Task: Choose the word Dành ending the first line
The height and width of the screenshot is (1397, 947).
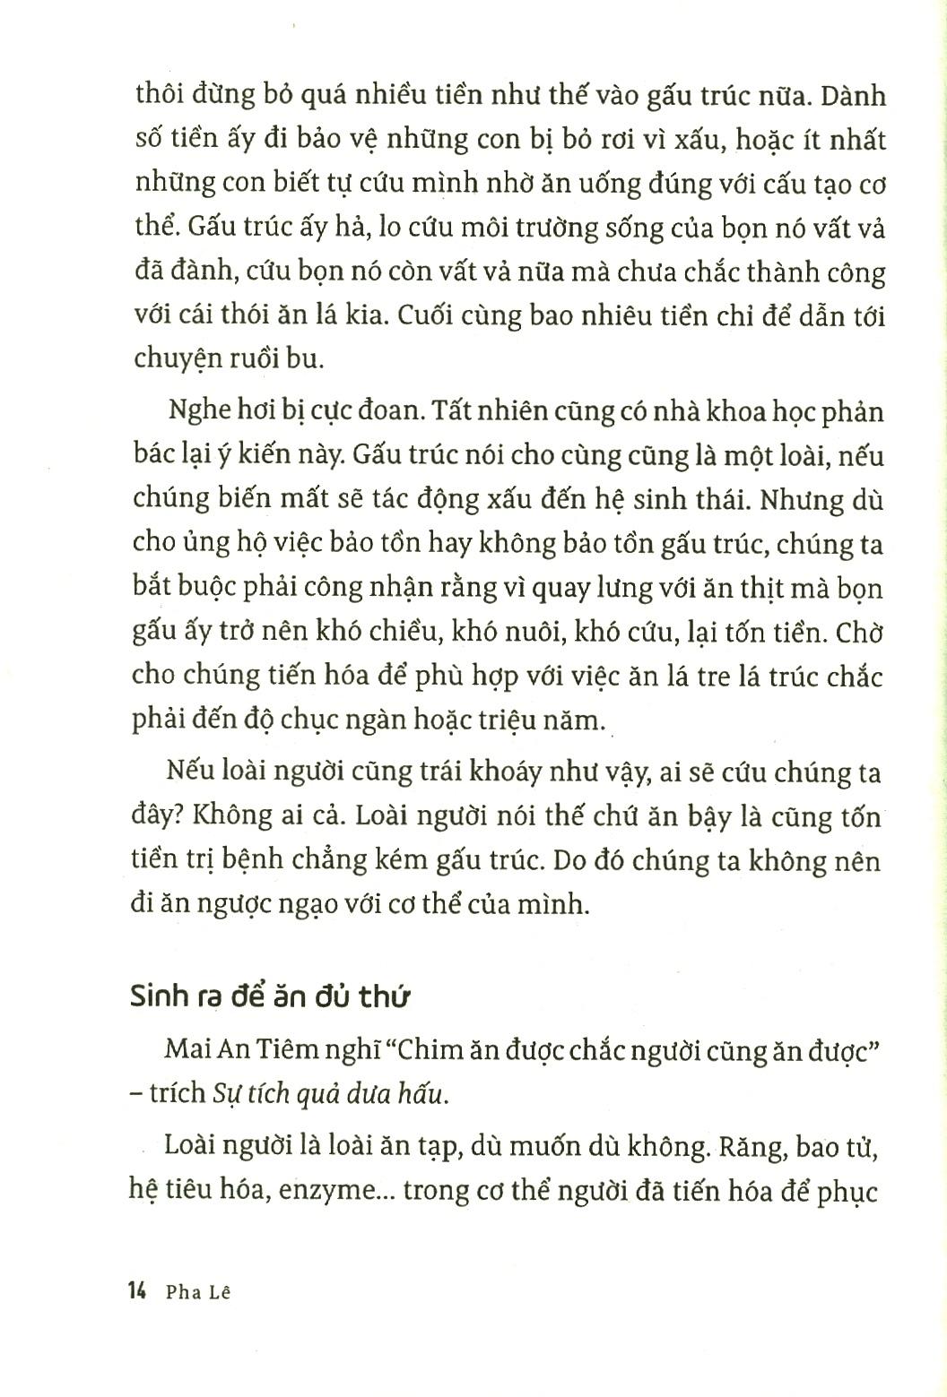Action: click(x=853, y=94)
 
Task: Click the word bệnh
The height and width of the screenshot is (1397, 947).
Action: click(x=267, y=860)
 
